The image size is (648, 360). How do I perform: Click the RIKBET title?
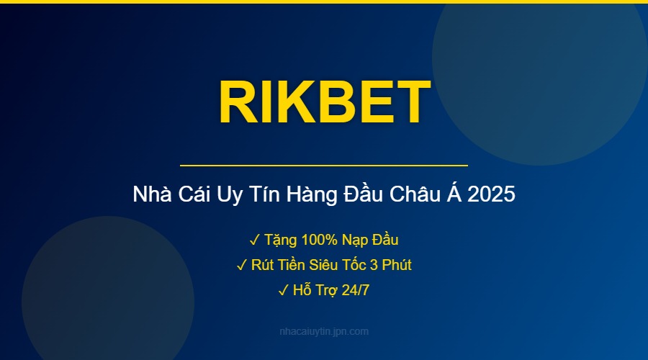click(324, 102)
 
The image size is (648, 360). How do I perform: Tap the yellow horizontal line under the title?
click(324, 166)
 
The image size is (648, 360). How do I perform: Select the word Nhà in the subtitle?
click(149, 195)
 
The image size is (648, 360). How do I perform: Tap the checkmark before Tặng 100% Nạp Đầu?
click(254, 239)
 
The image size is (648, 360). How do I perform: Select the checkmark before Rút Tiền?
click(241, 265)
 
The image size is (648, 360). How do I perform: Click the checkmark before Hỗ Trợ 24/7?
click(282, 291)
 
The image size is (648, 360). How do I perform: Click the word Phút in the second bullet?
click(396, 265)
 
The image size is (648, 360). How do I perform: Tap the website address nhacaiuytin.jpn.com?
click(324, 331)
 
